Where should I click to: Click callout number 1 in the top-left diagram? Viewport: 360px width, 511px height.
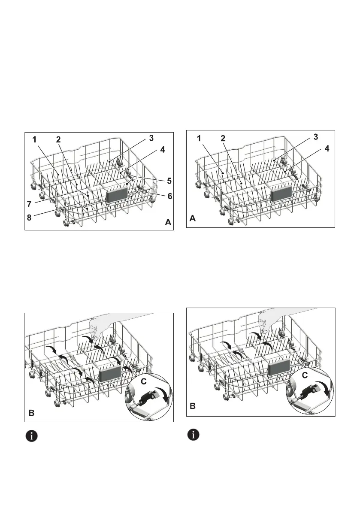pyautogui.click(x=34, y=140)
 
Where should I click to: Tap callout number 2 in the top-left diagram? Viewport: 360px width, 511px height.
pyautogui.click(x=58, y=140)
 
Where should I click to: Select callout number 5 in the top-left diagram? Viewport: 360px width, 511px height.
pyautogui.click(x=170, y=180)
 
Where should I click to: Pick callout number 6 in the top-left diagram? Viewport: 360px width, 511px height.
pyautogui.click(x=170, y=196)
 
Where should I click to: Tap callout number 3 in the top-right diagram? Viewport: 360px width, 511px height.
pyautogui.click(x=316, y=137)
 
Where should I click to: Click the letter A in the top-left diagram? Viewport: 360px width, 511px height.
pyautogui.click(x=168, y=222)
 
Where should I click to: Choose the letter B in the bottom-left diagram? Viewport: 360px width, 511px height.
pyautogui.click(x=31, y=414)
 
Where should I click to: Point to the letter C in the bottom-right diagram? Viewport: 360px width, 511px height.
pyautogui.click(x=304, y=363)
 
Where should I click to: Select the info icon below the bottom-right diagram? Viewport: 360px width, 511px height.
pyautogui.click(x=194, y=434)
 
